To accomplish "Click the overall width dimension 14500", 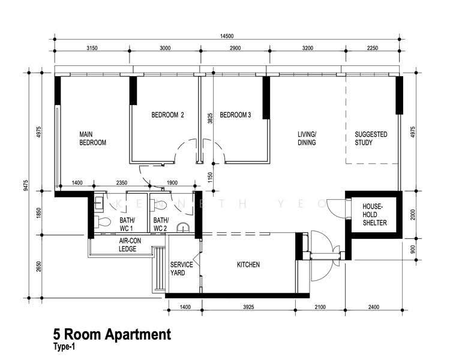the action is click(227, 36).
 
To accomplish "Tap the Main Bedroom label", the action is click(93, 139).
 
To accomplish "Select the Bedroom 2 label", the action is click(168, 115).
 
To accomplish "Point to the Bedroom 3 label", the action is click(235, 115).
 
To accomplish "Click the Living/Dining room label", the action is click(307, 139).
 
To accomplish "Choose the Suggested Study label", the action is click(371, 139).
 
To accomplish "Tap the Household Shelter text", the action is click(374, 215).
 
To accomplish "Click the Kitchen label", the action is click(248, 265).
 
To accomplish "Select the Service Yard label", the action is click(181, 269).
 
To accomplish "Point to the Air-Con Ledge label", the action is click(130, 245).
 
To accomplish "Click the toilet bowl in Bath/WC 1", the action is click(103, 221).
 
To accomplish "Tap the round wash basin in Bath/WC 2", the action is click(184, 228).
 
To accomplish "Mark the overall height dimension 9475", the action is click(26, 185).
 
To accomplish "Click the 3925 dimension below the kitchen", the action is click(248, 307).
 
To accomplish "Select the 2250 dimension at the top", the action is click(373, 48).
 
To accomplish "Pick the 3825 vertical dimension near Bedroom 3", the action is click(210, 118).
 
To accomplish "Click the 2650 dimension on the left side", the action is click(39, 266).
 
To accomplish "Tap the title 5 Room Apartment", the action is click(112, 334).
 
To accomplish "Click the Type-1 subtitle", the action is click(64, 347).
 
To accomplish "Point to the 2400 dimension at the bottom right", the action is click(374, 307).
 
